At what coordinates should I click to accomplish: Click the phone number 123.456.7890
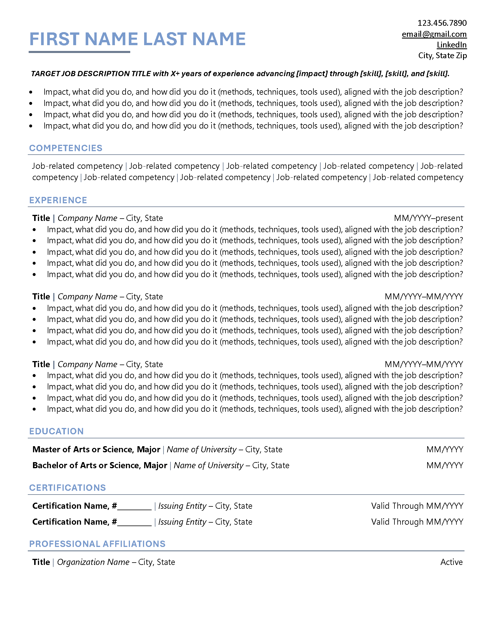pos(442,23)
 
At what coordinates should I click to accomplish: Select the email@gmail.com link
pos(434,34)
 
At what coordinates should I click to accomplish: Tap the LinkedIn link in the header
pos(451,45)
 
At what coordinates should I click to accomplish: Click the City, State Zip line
pos(442,56)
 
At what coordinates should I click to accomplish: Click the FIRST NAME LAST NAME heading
pos(137,39)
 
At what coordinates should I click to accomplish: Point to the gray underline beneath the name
pos(79,52)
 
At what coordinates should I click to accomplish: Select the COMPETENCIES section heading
pos(66,148)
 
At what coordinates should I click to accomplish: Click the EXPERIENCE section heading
pos(58,200)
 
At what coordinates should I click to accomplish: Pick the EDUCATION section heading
pos(56,431)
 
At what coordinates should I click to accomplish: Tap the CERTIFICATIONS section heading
pos(67,488)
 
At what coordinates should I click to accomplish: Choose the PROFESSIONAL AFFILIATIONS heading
pos(97,544)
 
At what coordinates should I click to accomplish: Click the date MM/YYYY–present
pos(428,218)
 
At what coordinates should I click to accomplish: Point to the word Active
pos(451,562)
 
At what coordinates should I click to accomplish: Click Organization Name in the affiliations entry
pos(93,562)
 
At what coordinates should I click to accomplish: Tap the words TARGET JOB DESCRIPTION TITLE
pos(91,74)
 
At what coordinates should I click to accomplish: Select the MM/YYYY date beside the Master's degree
pos(445,449)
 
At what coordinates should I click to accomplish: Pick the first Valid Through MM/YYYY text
pos(417,506)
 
